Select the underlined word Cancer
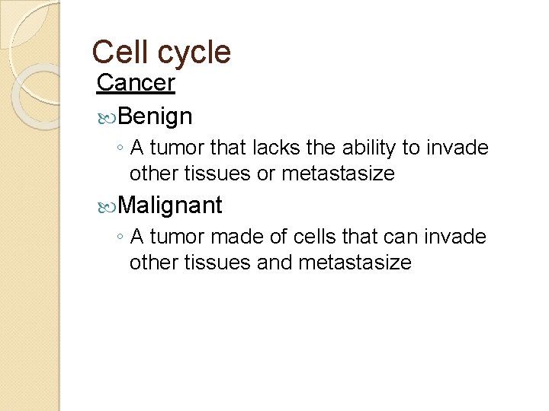136,83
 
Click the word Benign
155,117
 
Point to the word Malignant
170,205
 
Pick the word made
268,237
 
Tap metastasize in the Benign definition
338,174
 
